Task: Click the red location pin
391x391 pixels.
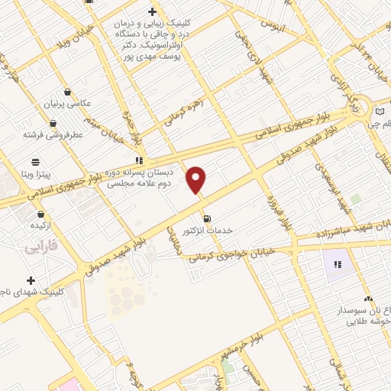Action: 197,179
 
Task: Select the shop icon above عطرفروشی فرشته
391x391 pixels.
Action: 53,123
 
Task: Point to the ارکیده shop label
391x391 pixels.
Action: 40,227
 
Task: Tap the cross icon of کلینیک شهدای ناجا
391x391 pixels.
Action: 31,280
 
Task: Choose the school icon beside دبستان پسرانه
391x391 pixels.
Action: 139,160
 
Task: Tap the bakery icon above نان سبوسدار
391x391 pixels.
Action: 368,299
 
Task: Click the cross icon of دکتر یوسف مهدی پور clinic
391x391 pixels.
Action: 153,11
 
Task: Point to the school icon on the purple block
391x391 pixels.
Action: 338,265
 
